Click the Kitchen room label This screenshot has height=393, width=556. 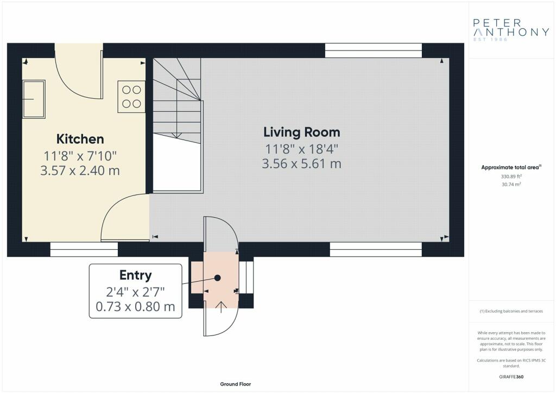[x=80, y=139]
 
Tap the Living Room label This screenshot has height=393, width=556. [x=302, y=132]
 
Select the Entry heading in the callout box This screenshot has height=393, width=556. [x=135, y=275]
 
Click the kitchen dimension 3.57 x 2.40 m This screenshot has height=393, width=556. [x=80, y=170]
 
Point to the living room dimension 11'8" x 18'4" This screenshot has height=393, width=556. [x=302, y=149]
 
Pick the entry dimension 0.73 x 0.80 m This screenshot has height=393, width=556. [x=135, y=306]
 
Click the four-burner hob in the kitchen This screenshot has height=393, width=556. [x=131, y=97]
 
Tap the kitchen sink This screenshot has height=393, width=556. [x=34, y=99]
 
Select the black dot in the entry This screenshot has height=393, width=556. [x=218, y=278]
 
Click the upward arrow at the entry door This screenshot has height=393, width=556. [x=222, y=307]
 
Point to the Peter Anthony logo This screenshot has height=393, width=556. [x=511, y=29]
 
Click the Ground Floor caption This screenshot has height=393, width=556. [x=236, y=384]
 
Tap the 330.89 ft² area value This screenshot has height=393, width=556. [x=511, y=176]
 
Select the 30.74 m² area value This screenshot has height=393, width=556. [x=511, y=184]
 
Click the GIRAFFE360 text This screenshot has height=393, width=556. [x=511, y=377]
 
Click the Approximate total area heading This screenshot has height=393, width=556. [x=511, y=167]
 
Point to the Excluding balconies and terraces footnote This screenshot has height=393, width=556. [x=511, y=311]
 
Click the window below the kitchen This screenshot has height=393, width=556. [x=84, y=250]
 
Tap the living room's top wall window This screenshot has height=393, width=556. [x=374, y=50]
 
